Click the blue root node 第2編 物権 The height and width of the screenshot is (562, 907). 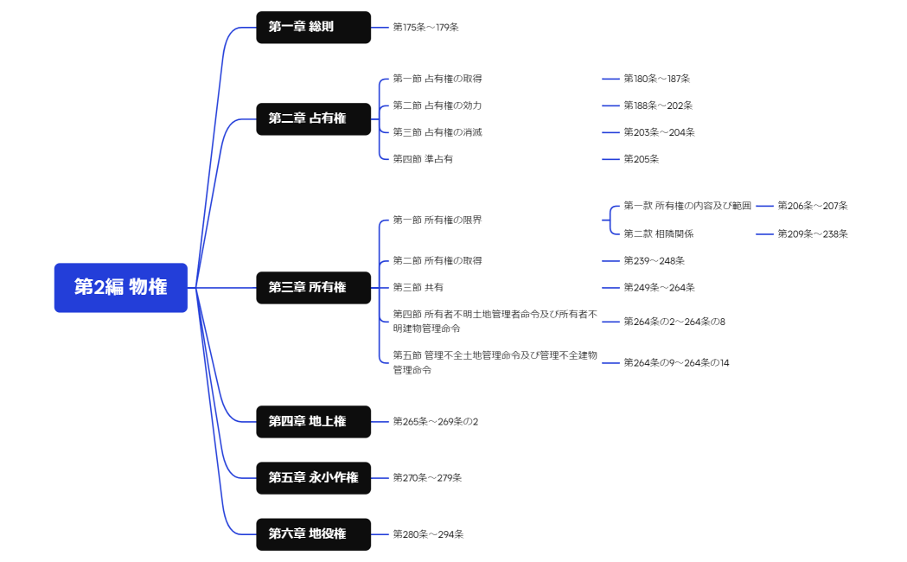120,287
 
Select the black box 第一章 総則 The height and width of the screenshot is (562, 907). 313,27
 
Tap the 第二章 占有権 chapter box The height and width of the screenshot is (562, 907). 313,118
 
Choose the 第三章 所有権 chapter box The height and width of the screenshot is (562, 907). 313,287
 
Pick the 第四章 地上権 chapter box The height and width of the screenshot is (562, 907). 313,421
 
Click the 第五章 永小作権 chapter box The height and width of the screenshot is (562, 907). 313,477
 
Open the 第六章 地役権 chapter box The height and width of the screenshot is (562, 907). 313,533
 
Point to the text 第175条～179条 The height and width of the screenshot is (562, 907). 425,27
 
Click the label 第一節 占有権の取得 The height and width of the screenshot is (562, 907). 437,79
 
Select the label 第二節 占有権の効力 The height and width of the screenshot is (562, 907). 437,105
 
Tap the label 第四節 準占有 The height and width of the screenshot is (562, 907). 423,159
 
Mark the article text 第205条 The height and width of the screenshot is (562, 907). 642,159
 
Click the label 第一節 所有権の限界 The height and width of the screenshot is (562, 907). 437,220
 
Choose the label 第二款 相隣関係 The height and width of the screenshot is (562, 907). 658,233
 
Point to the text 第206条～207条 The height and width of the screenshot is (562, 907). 812,206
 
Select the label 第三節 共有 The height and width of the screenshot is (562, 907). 418,287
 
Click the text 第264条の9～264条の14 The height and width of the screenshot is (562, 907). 676,363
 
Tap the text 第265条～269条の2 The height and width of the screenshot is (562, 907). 435,421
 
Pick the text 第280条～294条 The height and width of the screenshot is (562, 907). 428,533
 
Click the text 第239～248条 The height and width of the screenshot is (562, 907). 654,260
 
